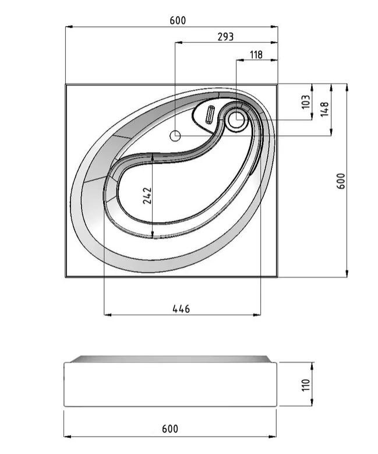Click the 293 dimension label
point(225,37)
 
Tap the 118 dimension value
point(256,54)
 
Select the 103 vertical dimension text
point(306,101)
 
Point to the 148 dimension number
point(325,109)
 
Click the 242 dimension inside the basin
point(147,195)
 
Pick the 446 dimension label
point(181,309)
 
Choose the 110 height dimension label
point(306,385)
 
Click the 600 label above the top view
point(178,20)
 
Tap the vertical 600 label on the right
point(341,181)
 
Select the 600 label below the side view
point(170,429)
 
